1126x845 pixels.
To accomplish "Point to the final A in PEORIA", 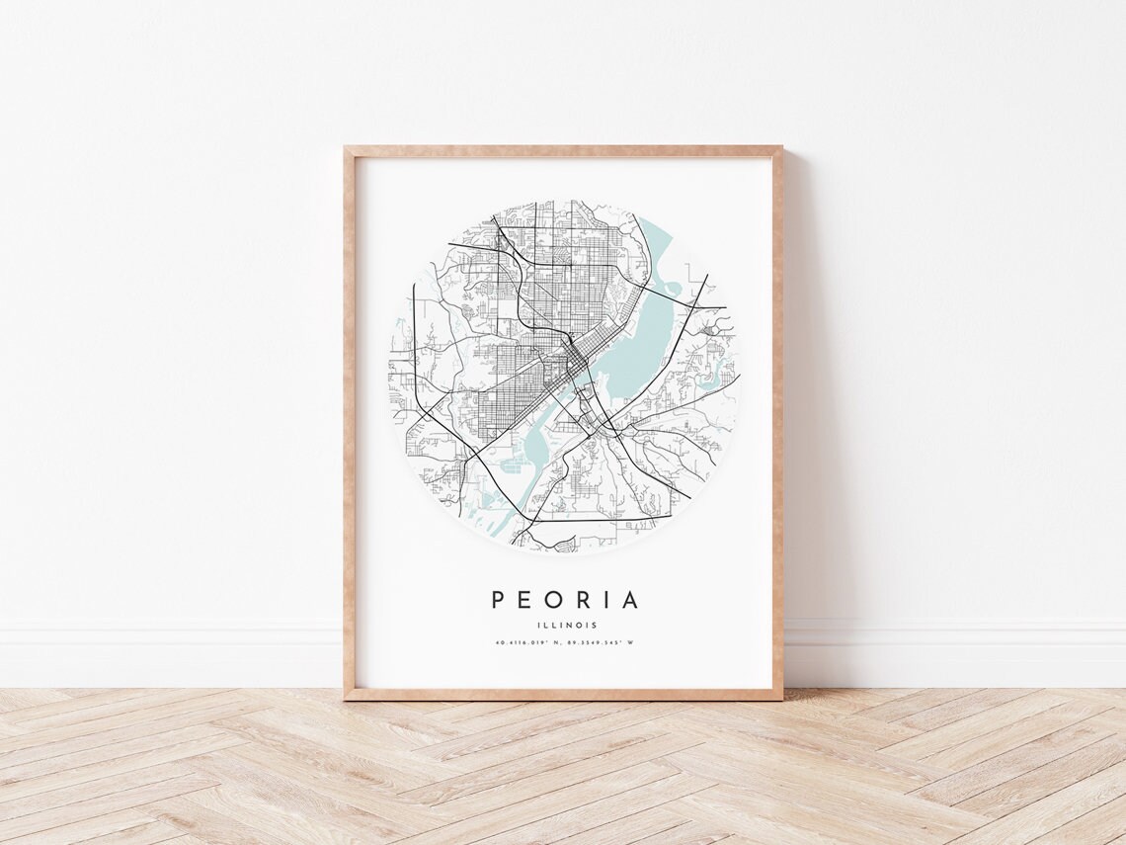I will (630, 600).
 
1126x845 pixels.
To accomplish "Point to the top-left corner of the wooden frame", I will (347, 149).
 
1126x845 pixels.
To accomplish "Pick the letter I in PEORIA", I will (606, 600).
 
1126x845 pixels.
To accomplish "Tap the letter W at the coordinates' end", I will (630, 643).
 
